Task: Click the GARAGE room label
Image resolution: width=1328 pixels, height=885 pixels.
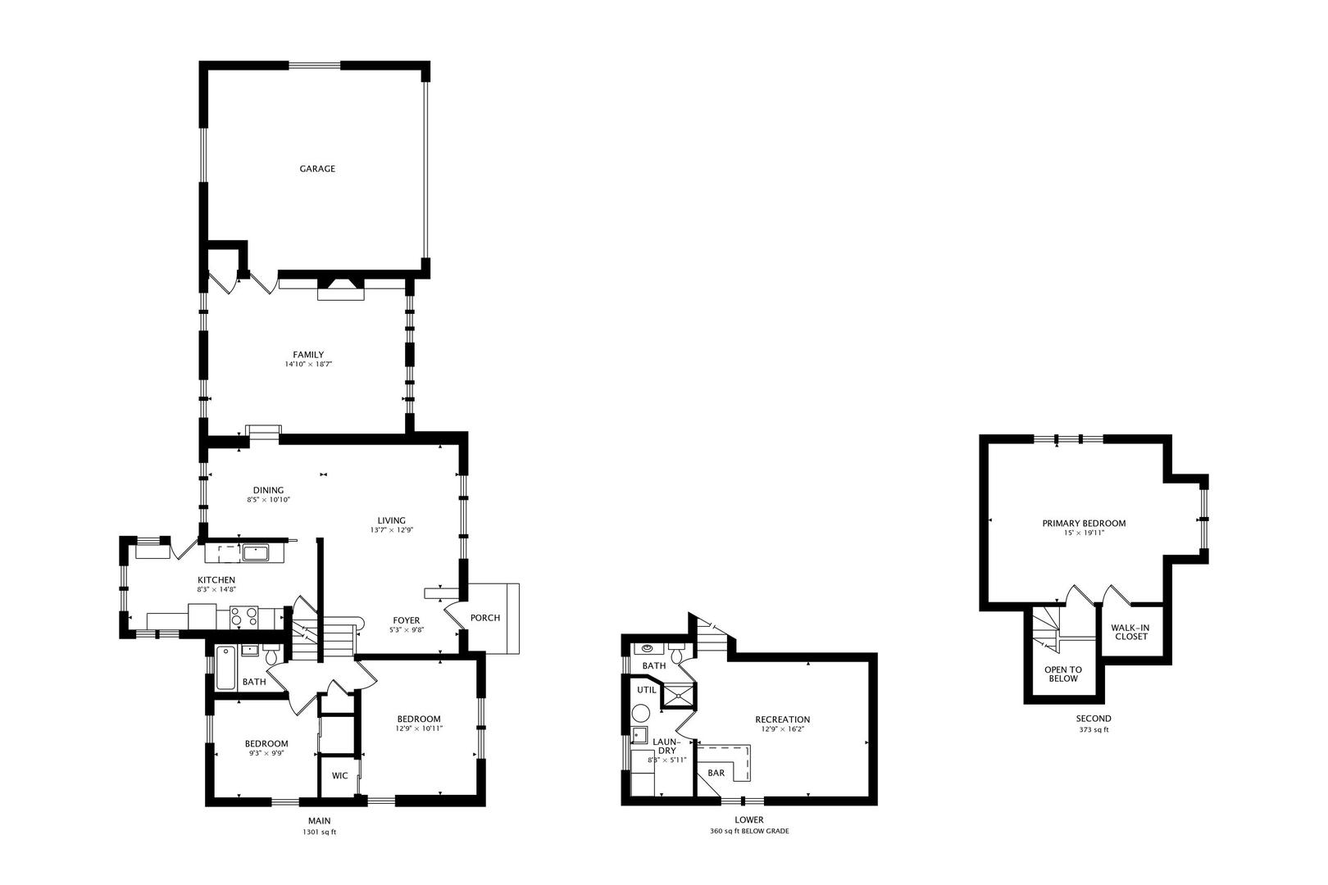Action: [x=317, y=169]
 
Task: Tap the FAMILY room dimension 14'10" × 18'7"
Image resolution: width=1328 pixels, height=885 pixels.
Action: [x=308, y=365]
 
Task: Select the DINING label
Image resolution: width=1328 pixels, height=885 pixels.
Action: [x=269, y=490]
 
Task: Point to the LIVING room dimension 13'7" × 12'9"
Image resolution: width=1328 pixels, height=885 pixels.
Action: [x=391, y=530]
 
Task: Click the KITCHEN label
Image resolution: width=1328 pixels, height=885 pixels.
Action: [x=216, y=579]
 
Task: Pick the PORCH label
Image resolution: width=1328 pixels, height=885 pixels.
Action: [x=485, y=618]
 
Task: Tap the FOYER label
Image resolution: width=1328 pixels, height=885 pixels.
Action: [x=406, y=620]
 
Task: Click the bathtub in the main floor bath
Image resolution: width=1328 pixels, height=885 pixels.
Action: [x=225, y=668]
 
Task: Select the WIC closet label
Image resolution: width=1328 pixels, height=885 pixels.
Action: [x=339, y=775]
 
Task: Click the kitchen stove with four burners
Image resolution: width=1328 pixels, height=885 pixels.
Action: [x=244, y=617]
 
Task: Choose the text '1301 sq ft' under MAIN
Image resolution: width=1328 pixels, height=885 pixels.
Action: [x=319, y=833]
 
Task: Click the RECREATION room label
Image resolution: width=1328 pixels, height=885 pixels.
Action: [x=783, y=719]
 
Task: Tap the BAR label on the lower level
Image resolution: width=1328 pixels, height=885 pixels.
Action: [x=716, y=773]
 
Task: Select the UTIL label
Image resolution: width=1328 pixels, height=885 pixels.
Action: [x=647, y=690]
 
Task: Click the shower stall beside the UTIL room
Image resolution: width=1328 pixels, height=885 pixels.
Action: [x=678, y=696]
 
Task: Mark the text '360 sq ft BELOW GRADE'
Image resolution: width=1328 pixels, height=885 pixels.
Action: [x=749, y=831]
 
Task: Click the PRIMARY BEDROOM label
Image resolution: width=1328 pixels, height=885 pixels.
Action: [x=1084, y=524]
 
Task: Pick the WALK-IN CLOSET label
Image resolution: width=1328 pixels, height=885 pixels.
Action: [x=1130, y=632]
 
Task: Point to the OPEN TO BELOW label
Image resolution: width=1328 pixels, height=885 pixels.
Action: [x=1063, y=674]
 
